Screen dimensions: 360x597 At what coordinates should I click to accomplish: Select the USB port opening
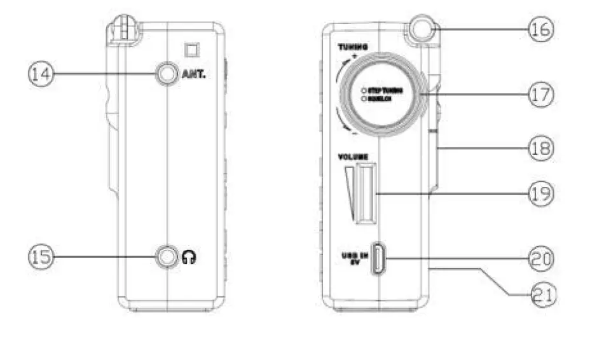click(x=378, y=258)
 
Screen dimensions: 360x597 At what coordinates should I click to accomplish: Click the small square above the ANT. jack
click(x=188, y=49)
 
